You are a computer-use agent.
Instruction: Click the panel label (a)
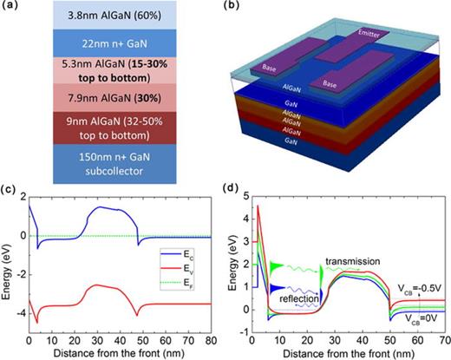coord(10,7)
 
